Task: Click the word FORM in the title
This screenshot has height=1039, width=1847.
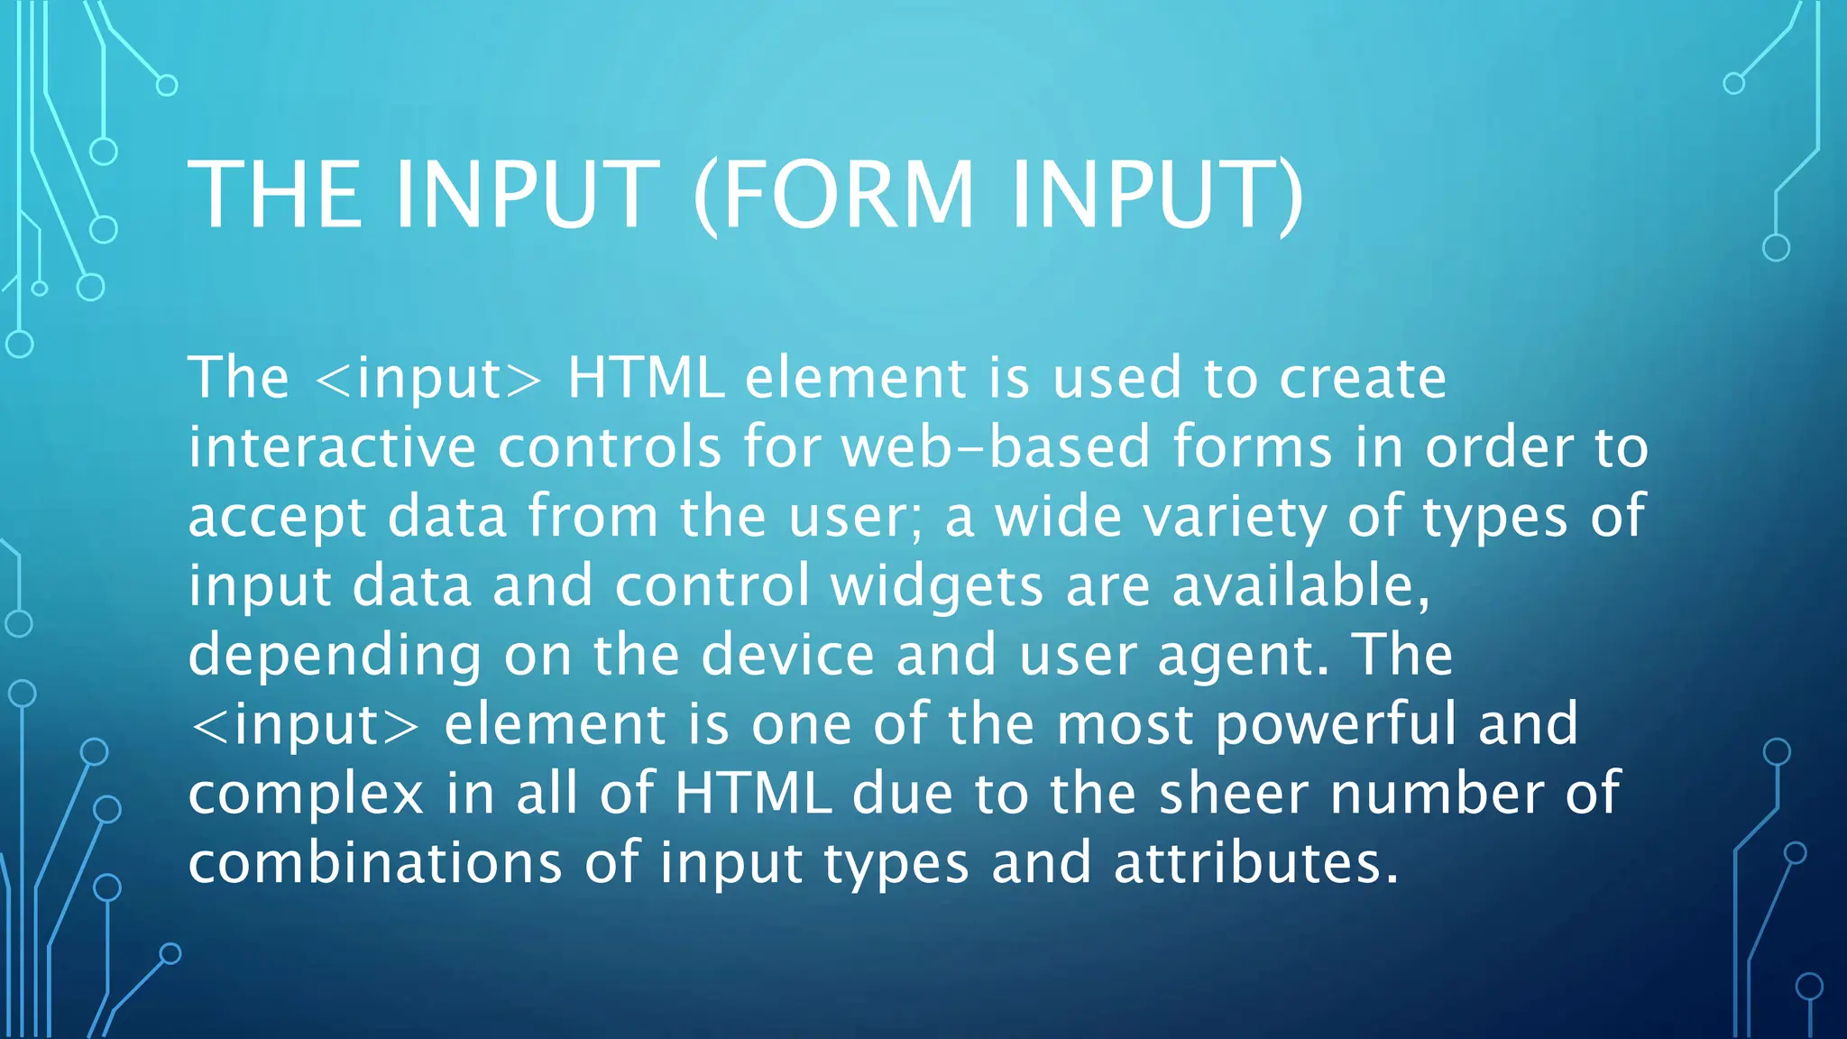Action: tap(848, 194)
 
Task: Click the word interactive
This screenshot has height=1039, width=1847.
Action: tap(331, 447)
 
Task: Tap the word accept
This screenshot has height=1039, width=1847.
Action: tap(277, 518)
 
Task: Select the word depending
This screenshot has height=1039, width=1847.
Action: tap(335, 657)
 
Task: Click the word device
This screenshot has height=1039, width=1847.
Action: tap(787, 655)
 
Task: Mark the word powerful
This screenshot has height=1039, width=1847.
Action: tap(1336, 725)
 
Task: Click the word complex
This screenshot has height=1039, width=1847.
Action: tap(306, 795)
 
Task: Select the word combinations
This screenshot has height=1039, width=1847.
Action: tap(375, 863)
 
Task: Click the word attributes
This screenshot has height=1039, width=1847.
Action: tap(1255, 863)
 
